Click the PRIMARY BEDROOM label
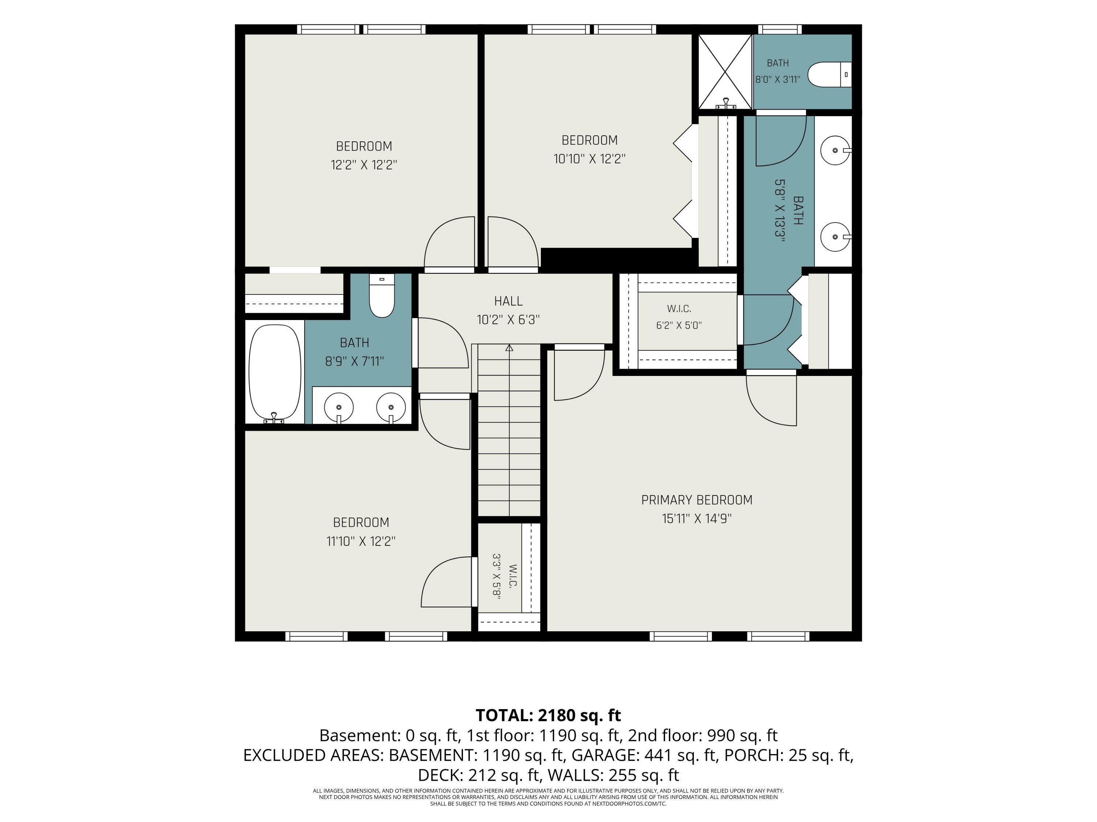point(697,500)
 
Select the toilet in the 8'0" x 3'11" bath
point(829,75)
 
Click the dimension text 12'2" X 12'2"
point(364,164)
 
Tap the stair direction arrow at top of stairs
point(509,348)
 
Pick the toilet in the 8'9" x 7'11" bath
point(382,296)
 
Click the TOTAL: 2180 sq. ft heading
point(548,715)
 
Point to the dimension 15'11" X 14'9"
point(697,519)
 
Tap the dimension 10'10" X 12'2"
point(590,159)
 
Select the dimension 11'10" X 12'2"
point(361,541)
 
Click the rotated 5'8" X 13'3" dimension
point(780,210)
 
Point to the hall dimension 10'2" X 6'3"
point(508,320)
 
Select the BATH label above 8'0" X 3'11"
point(778,63)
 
